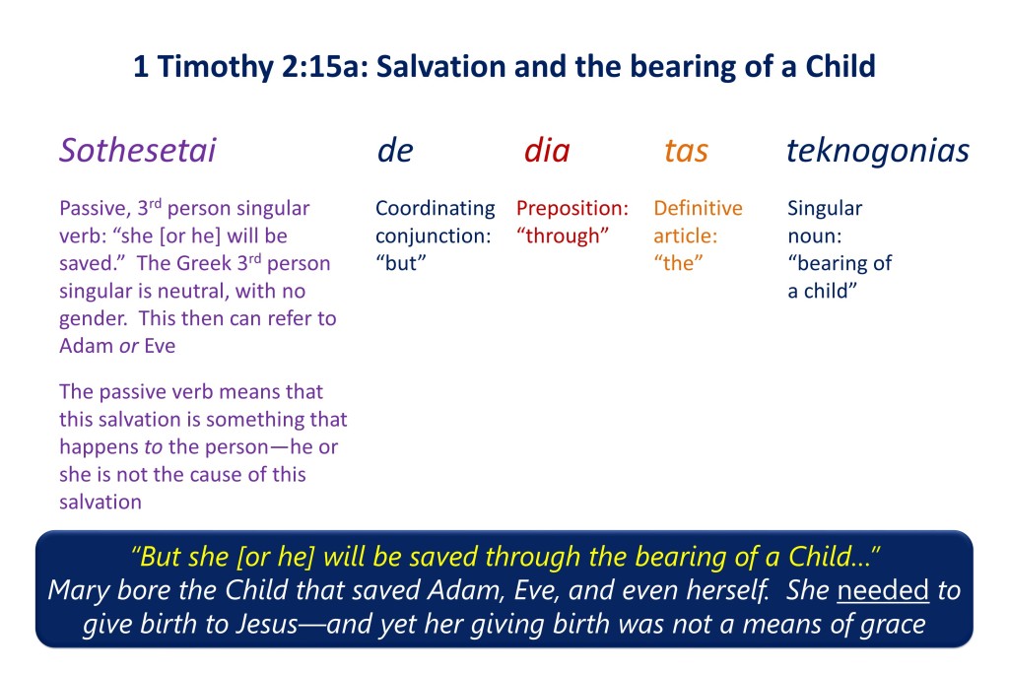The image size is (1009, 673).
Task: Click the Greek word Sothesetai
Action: pos(138,151)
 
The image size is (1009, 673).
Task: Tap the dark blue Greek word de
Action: pos(395,151)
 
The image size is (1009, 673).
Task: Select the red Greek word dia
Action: pos(547,151)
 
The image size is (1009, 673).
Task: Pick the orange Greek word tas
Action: pos(686,151)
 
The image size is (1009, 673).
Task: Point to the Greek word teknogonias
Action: pos(878,152)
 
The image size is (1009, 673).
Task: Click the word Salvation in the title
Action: pos(440,66)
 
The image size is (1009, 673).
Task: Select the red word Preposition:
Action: pos(572,209)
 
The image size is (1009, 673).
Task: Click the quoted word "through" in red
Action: pos(563,236)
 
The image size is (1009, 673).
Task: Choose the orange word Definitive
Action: pos(699,208)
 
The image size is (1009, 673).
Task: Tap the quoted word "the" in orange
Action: pos(678,263)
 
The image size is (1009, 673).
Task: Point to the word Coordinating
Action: pos(436,209)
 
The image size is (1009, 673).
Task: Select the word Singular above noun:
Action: pos(825,209)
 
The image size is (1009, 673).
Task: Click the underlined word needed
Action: pos(883,590)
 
